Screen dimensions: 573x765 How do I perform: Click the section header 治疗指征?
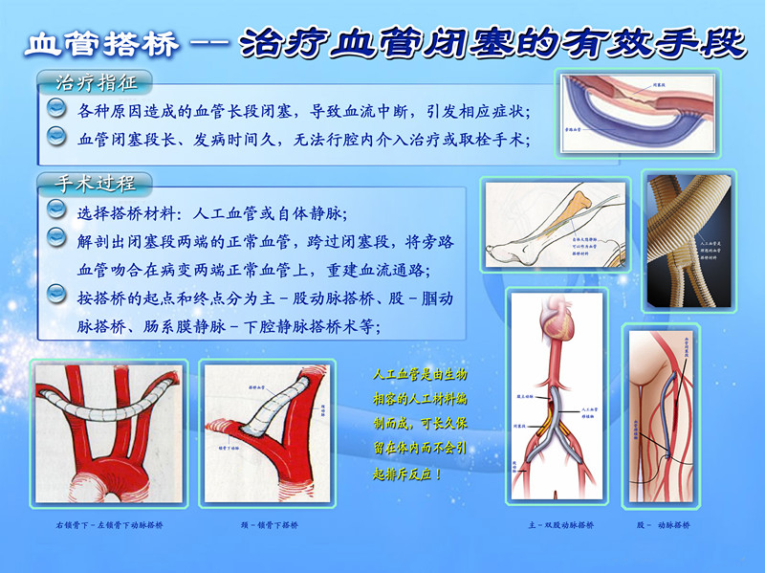[x=91, y=79]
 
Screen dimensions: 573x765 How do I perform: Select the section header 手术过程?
[x=91, y=181]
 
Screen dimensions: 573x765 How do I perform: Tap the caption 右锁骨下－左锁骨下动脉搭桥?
[x=110, y=526]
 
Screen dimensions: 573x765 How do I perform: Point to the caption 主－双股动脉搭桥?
[x=560, y=526]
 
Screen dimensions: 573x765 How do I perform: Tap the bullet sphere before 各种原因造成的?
[x=56, y=110]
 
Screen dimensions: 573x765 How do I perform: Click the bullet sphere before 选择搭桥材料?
[x=56, y=211]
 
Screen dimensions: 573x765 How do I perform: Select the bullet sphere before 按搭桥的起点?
[x=56, y=298]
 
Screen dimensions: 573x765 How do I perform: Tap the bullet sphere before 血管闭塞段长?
[x=56, y=139]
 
